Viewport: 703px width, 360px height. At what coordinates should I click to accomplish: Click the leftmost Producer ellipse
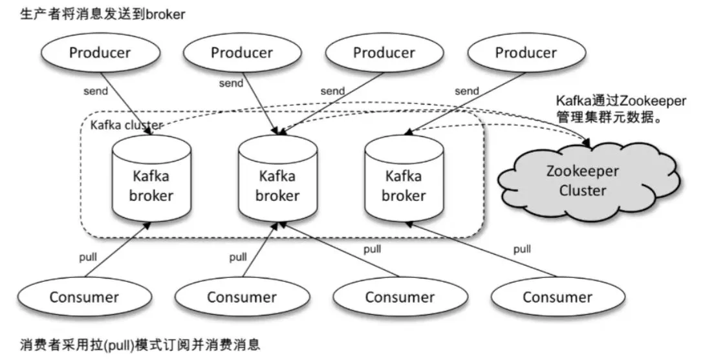(x=100, y=53)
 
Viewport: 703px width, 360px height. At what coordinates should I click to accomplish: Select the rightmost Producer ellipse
(x=525, y=53)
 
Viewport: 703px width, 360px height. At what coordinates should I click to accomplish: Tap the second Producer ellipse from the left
(x=241, y=53)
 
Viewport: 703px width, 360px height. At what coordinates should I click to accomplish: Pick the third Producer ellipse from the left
(x=384, y=53)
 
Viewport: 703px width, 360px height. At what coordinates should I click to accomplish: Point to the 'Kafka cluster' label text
(x=127, y=124)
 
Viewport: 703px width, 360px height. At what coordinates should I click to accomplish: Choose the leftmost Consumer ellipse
(x=84, y=297)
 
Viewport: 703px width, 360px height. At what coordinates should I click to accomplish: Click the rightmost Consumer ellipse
(x=557, y=297)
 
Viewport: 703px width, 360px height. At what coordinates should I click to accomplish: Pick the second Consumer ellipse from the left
(x=241, y=297)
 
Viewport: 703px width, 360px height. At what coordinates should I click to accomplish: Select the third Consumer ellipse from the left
(x=399, y=297)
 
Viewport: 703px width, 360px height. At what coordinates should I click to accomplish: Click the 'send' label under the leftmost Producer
(x=96, y=91)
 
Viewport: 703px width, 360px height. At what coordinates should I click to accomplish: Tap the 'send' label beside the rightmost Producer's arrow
(x=466, y=91)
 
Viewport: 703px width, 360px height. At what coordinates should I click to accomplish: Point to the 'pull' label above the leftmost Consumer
(x=88, y=257)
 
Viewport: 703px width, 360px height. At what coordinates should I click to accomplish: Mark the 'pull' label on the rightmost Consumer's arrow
(x=522, y=249)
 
